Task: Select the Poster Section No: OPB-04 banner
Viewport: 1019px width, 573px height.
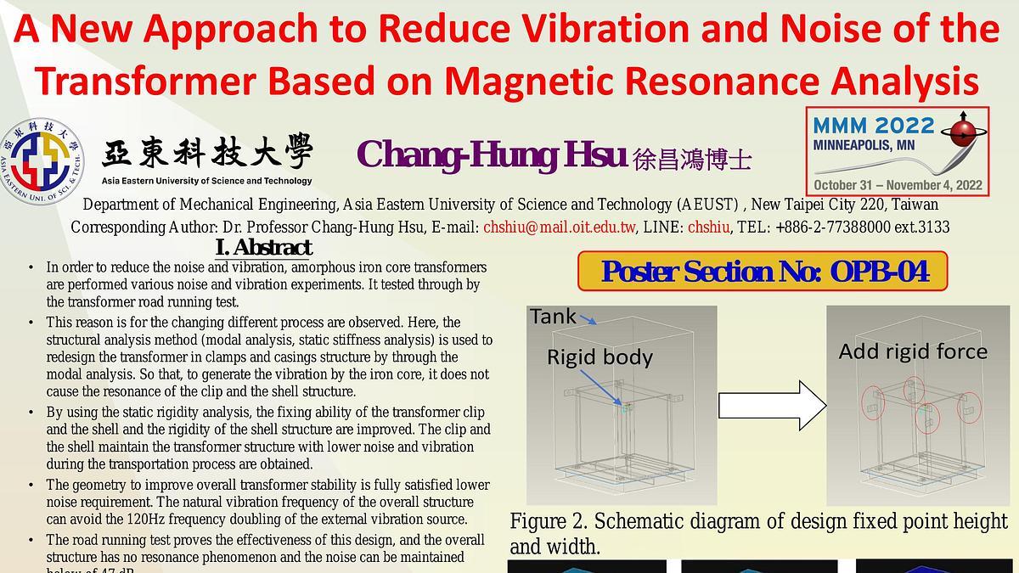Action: click(763, 272)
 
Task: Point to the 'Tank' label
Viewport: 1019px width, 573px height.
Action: click(553, 317)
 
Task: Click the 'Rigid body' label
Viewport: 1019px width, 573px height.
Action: click(600, 357)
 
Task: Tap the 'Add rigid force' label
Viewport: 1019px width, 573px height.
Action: click(913, 351)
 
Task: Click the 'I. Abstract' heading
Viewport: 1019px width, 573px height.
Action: click(264, 248)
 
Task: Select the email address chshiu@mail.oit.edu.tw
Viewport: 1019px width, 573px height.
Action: click(560, 228)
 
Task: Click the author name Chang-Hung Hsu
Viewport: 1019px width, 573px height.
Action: click(492, 156)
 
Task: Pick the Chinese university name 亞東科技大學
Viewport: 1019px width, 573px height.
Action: click(207, 154)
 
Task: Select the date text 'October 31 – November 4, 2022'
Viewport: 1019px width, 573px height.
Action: click(898, 185)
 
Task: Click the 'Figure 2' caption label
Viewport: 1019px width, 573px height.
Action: click(551, 521)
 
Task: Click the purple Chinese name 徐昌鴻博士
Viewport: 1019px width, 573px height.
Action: click(692, 160)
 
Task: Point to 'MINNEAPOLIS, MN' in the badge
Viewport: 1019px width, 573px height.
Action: click(864, 145)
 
